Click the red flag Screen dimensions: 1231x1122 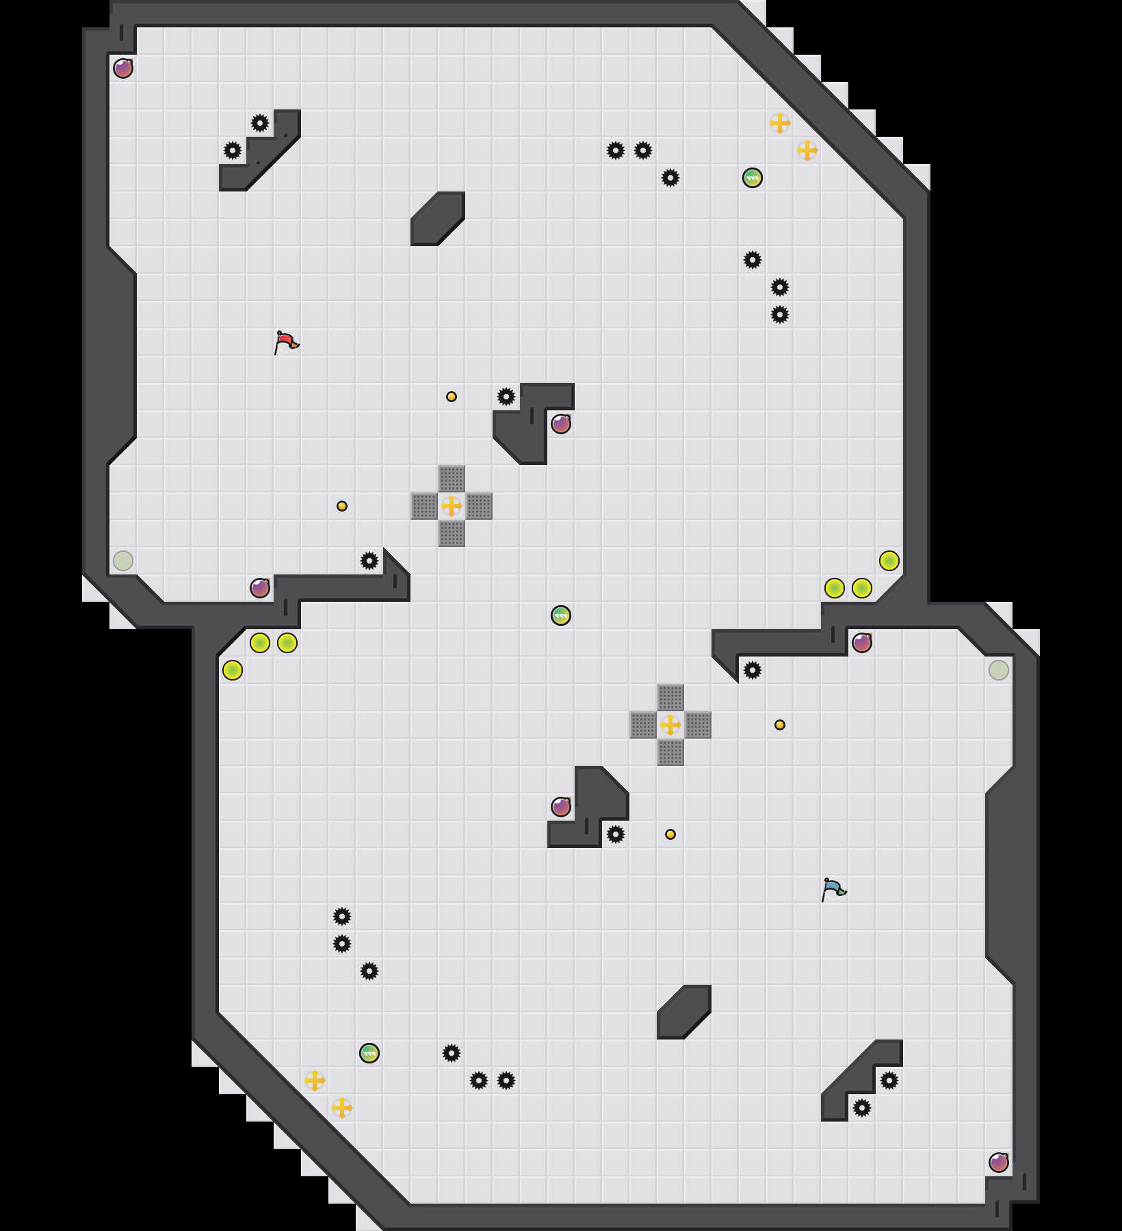[286, 341]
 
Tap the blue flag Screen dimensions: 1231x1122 [833, 888]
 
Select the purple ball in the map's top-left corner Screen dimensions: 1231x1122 [123, 68]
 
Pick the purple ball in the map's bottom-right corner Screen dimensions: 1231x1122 [999, 1163]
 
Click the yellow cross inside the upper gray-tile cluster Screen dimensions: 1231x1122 [452, 506]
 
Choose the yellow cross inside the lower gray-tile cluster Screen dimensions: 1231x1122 [670, 725]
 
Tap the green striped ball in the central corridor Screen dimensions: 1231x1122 [561, 615]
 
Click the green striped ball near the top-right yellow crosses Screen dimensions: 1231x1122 [753, 178]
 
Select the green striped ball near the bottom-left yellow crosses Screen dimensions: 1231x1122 [369, 1053]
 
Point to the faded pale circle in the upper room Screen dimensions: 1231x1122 [123, 561]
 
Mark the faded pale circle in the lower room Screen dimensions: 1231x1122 [999, 670]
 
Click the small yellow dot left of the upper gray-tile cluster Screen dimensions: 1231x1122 [342, 506]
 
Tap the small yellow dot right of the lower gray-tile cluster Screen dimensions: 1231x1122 [780, 725]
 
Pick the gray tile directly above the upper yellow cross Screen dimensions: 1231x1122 [452, 479]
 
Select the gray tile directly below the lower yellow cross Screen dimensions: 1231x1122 [670, 752]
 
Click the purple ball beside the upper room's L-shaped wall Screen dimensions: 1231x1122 [561, 424]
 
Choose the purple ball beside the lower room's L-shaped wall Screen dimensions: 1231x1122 [561, 807]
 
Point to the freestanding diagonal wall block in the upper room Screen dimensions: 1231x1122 [438, 219]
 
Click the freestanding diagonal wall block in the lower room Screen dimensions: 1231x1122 [684, 1012]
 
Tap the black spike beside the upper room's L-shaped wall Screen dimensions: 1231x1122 [506, 397]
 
